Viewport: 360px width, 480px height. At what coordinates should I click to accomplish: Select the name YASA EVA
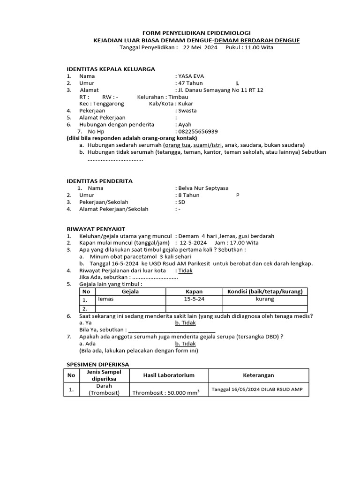pyautogui.click(x=191, y=76)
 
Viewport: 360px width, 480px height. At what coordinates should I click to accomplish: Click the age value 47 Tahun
pyautogui.click(x=190, y=83)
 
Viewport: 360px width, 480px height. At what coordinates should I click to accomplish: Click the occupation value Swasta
pyautogui.click(x=187, y=111)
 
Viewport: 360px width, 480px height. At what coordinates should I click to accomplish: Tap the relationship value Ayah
pyautogui.click(x=185, y=125)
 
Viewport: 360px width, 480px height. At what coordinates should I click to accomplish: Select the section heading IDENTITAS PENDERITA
pyautogui.click(x=100, y=181)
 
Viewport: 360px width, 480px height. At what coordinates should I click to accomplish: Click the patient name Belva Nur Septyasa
pyautogui.click(x=203, y=188)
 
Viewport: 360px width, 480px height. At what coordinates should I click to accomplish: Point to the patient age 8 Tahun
pyautogui.click(x=188, y=195)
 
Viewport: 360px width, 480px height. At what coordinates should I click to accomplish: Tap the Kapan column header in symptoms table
pyautogui.click(x=194, y=292)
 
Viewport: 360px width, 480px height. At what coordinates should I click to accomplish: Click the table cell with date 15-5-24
pyautogui.click(x=194, y=299)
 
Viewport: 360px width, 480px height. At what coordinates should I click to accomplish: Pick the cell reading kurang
pyautogui.click(x=265, y=299)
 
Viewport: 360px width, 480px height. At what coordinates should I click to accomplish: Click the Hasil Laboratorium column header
pyautogui.click(x=168, y=375)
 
